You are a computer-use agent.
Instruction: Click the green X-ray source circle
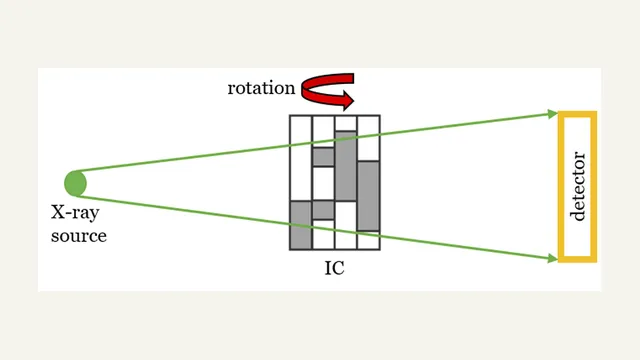click(x=76, y=183)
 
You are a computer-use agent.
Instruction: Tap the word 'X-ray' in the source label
click(x=75, y=213)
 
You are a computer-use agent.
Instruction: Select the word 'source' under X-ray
click(x=79, y=236)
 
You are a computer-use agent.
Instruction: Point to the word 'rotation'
click(x=261, y=88)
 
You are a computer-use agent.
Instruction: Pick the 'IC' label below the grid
click(x=334, y=268)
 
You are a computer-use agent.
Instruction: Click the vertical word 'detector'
click(x=578, y=187)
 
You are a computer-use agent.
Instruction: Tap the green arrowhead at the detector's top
click(x=553, y=114)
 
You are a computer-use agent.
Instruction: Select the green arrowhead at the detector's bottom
click(x=553, y=258)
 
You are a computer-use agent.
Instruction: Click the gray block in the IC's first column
click(x=301, y=225)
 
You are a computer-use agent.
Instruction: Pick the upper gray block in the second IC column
click(x=324, y=157)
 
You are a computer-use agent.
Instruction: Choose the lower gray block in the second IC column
click(x=324, y=210)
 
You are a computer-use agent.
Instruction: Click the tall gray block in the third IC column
click(x=346, y=166)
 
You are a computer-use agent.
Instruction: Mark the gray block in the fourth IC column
click(x=369, y=196)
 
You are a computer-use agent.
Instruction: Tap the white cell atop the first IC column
click(x=301, y=158)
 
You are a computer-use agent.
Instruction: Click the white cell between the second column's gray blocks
click(x=324, y=183)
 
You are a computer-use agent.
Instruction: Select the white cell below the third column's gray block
click(x=346, y=225)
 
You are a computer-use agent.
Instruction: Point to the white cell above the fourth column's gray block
click(x=369, y=138)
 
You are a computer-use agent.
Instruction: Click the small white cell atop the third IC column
click(x=346, y=123)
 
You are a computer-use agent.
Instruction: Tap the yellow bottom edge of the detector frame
click(x=578, y=260)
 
